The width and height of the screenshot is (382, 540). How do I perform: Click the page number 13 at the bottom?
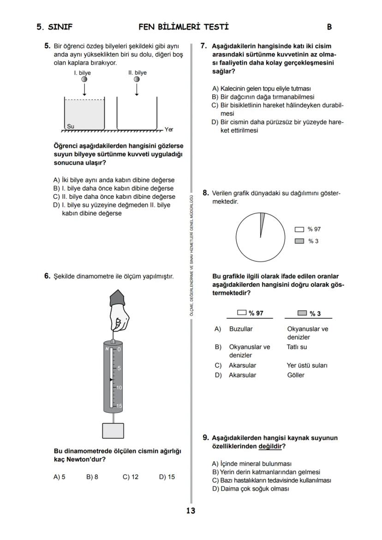191,510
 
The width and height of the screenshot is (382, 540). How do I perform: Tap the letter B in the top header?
329,27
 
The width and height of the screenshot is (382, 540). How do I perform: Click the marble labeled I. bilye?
84,80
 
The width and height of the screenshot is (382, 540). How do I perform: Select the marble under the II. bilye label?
137,80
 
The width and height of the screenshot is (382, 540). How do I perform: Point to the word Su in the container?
71,126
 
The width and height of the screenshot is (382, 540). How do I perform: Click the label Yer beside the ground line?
169,130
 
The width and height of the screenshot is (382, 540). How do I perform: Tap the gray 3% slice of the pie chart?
262,220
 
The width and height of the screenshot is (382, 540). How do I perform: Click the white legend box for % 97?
299,229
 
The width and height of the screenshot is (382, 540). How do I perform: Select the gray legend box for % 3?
299,241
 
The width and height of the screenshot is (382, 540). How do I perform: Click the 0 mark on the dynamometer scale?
119,349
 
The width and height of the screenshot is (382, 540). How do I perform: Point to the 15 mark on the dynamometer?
119,406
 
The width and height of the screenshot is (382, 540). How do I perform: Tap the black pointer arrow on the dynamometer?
111,380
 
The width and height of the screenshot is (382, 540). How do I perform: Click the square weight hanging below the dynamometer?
113,430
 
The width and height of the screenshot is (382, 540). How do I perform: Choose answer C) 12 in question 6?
131,477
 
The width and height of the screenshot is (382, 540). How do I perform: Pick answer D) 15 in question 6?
167,477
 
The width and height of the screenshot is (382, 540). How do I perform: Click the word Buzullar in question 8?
241,329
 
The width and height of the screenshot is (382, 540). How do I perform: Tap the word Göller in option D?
296,375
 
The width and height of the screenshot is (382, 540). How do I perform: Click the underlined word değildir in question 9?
270,446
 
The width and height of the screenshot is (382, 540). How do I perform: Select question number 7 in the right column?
203,46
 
